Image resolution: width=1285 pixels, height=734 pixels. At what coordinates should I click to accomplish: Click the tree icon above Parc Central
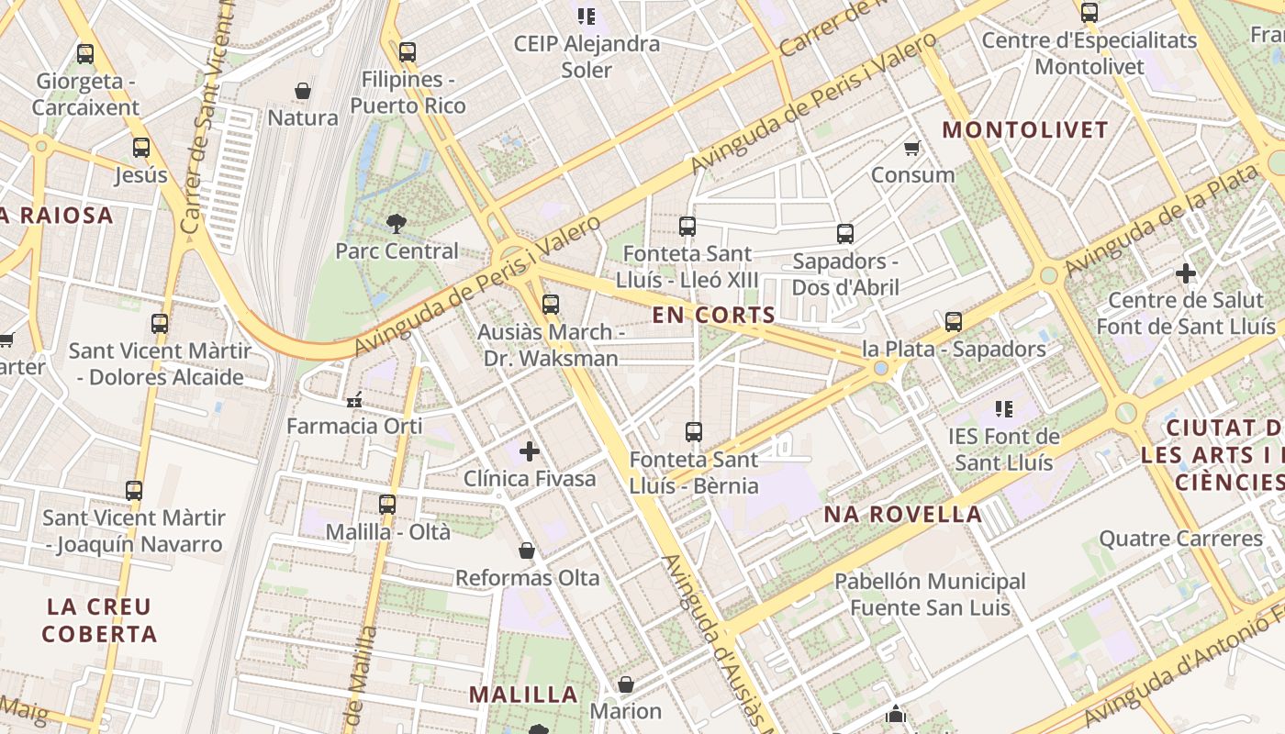[x=397, y=222]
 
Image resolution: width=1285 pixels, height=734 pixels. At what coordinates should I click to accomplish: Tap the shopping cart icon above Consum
[x=912, y=148]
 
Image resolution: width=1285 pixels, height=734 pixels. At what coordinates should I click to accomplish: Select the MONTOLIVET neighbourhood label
[x=1025, y=130]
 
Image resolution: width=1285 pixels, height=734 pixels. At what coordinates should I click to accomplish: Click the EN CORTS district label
[x=714, y=315]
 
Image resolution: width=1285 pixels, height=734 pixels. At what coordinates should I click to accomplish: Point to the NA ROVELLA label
[x=903, y=514]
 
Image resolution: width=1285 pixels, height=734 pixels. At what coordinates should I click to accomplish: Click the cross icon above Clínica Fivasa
[x=530, y=450]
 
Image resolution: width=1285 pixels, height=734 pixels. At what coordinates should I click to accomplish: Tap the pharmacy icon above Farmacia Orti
[x=354, y=400]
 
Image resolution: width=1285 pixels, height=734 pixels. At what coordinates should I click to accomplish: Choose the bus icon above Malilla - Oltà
[x=387, y=504]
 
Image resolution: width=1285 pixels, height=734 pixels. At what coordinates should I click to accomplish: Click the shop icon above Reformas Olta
[x=527, y=550]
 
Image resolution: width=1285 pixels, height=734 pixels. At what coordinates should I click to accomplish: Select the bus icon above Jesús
[x=141, y=147]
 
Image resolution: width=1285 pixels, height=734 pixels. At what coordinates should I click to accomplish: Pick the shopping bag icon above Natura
[x=303, y=91]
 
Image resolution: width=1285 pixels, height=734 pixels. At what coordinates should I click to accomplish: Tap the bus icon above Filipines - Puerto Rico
[x=408, y=52]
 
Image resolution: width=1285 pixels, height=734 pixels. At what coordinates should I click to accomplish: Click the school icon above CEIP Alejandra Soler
[x=587, y=16]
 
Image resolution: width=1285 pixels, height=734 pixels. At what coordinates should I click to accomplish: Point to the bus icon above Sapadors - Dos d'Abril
[x=845, y=233]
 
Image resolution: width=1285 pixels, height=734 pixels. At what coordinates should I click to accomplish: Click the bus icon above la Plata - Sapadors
[x=954, y=321]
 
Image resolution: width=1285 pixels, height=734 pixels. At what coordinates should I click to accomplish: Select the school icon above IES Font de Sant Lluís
[x=1004, y=408]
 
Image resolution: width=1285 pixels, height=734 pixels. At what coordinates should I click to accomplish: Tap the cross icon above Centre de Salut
[x=1186, y=272]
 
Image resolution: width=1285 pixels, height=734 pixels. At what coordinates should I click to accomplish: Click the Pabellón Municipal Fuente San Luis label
[x=930, y=594]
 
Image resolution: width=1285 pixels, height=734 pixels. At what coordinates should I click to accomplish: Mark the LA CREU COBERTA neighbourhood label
[x=99, y=619]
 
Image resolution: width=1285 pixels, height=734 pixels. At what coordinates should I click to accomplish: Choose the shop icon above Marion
[x=626, y=684]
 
